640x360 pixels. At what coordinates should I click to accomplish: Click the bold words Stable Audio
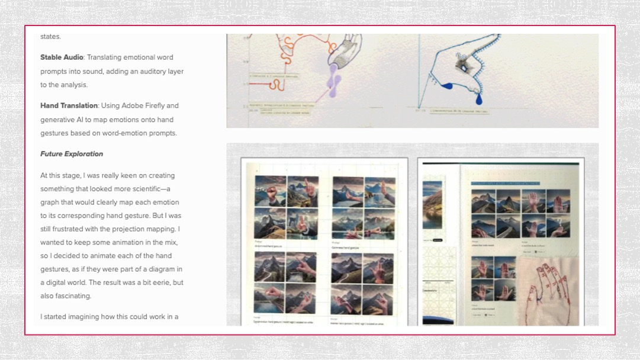[x=62, y=57]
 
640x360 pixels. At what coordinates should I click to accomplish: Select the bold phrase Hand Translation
[x=69, y=105]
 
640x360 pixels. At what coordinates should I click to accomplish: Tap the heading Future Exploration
[x=72, y=154]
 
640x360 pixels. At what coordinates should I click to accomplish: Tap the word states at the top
[x=50, y=37]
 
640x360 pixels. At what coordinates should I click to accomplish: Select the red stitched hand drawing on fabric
[x=548, y=290]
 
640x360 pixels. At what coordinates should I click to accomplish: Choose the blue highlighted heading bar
[x=506, y=184]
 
